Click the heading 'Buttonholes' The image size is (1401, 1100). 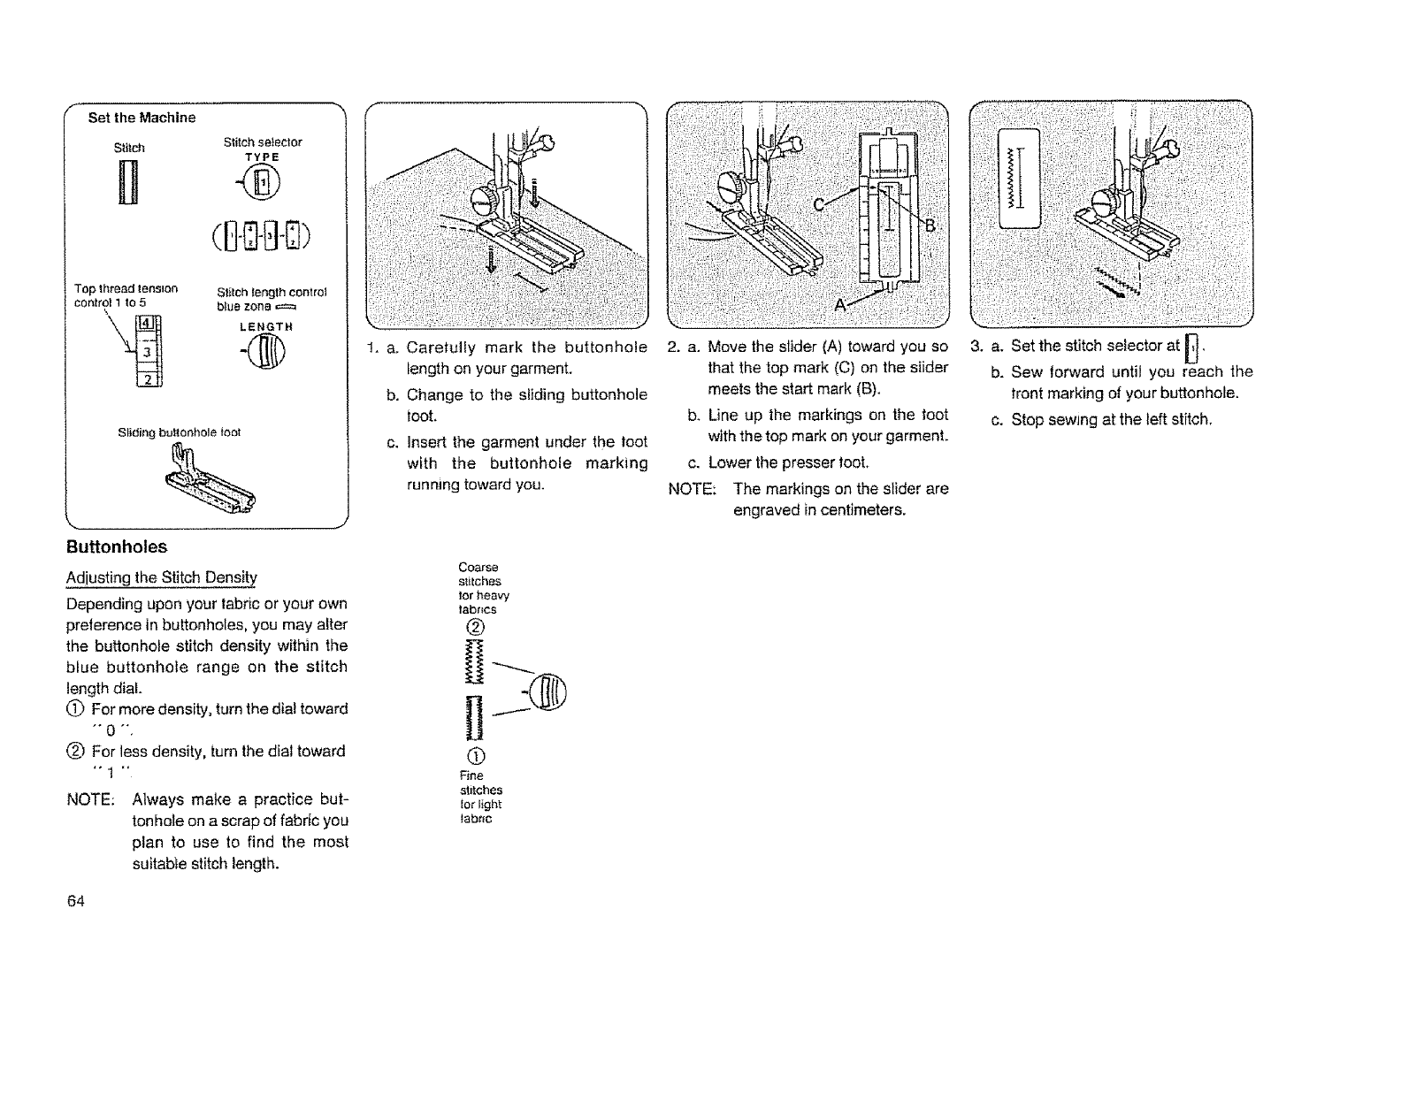(117, 547)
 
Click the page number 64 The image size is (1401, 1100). (75, 901)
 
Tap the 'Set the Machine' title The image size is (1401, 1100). (142, 118)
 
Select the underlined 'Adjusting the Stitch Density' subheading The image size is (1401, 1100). (161, 578)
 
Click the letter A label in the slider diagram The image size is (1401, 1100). (842, 305)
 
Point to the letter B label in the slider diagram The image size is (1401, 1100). (930, 224)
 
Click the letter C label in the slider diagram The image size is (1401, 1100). (819, 205)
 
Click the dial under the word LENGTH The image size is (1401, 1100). (262, 356)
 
